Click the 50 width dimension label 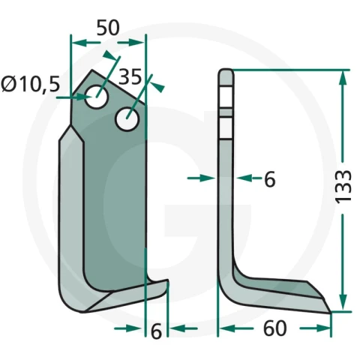click(108, 28)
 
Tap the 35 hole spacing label click(130, 76)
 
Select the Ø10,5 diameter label click(31, 84)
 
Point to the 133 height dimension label click(343, 187)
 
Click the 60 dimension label click(274, 328)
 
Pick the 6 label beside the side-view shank click(270, 179)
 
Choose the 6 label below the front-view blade click(156, 331)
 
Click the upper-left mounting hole click(97, 97)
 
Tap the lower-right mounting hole click(127, 118)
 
